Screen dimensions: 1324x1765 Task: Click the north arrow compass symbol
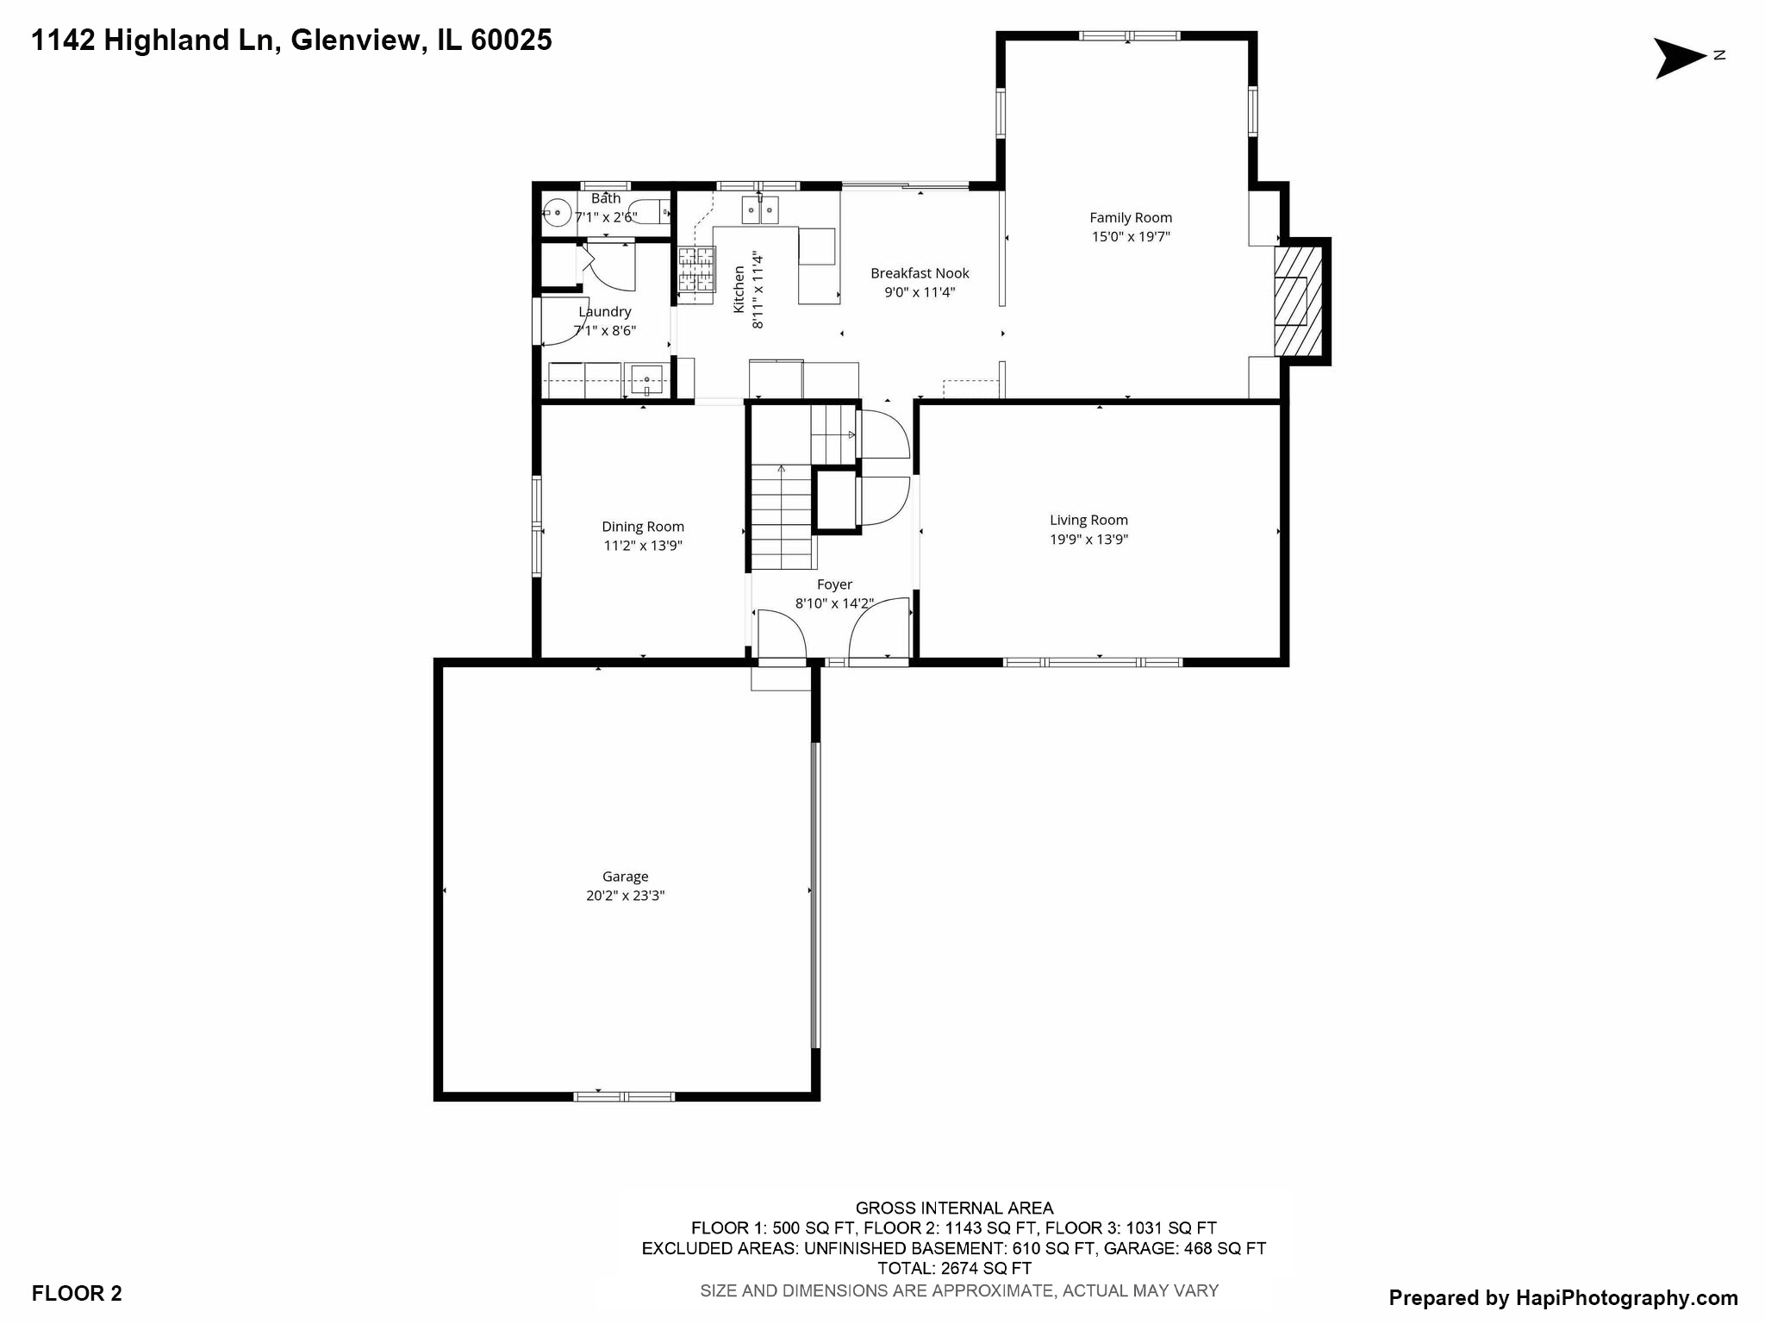[1679, 58]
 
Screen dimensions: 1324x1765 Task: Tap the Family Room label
[1130, 218]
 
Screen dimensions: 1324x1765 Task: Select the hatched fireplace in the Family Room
[1298, 301]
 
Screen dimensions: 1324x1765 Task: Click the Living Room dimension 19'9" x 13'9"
[1088, 540]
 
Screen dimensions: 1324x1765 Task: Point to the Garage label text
[625, 877]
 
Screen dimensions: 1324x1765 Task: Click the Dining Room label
[643, 527]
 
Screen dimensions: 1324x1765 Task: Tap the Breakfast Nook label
[920, 273]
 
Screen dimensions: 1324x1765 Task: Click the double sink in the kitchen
[759, 209]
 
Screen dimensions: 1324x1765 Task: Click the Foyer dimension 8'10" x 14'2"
[833, 603]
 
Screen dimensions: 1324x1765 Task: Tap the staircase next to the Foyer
[782, 517]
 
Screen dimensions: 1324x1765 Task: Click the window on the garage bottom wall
[624, 1096]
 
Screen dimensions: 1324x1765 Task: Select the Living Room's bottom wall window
[1092, 662]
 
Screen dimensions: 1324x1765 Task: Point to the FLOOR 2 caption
[77, 1293]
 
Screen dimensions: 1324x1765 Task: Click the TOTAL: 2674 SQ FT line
[954, 1268]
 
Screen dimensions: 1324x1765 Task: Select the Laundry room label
[604, 312]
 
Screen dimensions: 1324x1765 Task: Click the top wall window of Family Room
[1129, 36]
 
